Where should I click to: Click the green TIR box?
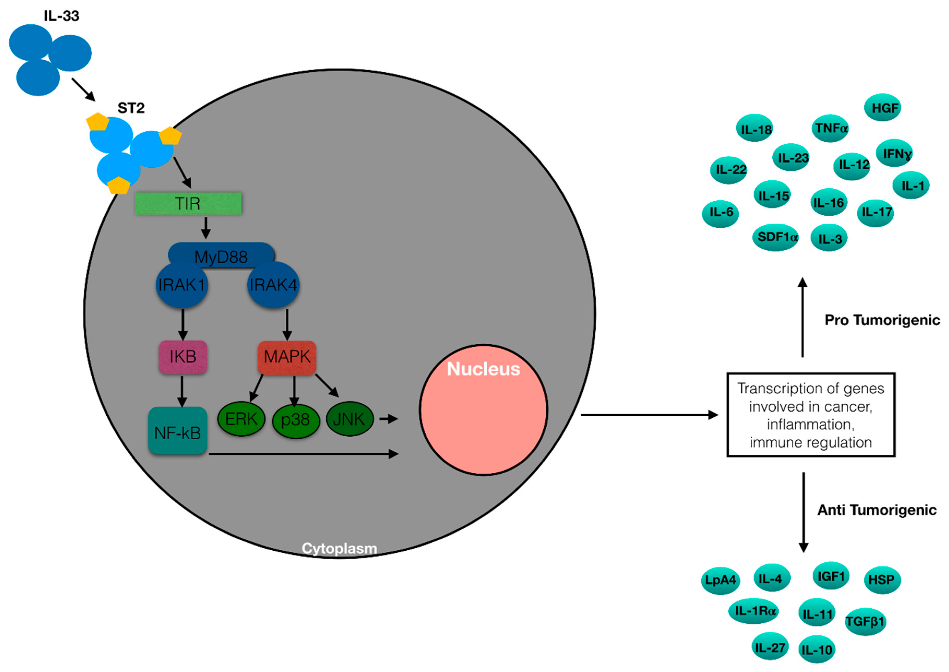188,204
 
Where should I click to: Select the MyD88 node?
221,253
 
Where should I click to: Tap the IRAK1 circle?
182,285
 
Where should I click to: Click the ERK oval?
241,419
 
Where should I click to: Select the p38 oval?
296,420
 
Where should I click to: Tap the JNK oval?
350,419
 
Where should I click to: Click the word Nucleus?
483,369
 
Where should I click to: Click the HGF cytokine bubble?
882,108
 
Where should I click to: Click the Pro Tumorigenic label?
882,320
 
